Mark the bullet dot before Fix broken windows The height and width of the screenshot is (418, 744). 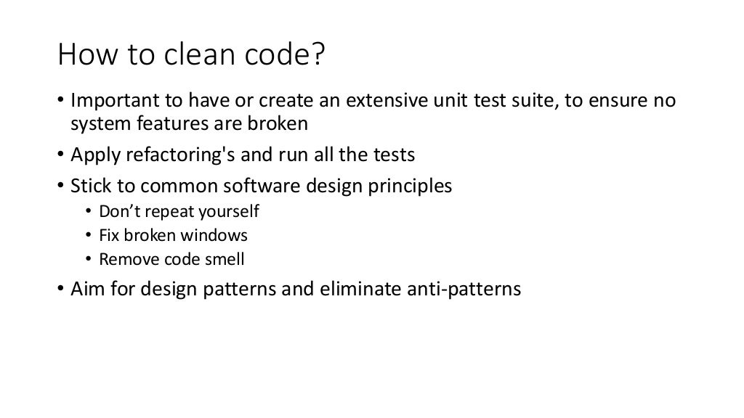click(89, 236)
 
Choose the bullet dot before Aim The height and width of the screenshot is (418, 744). click(62, 290)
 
